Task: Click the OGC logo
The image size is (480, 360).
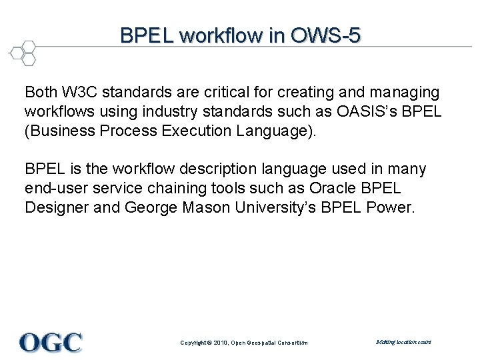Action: click(51, 342)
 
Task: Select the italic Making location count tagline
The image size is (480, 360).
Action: click(403, 342)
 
